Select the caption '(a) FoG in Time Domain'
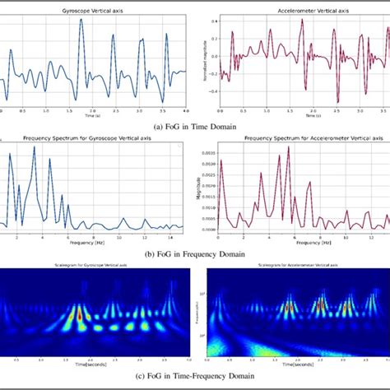195,126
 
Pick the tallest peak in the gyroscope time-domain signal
81,20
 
